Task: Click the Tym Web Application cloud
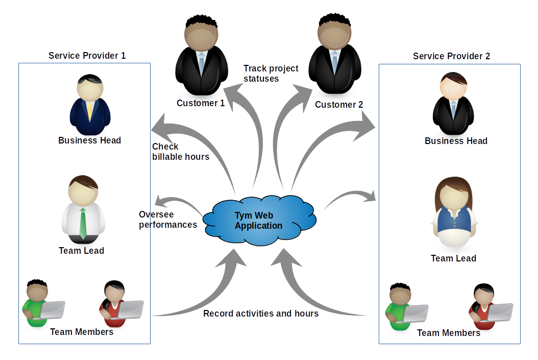259,221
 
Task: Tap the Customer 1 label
201,103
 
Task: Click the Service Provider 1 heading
87,56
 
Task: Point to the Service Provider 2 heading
451,56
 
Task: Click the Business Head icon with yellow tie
90,105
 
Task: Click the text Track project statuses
271,74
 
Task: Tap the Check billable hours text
180,152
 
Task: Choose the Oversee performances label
167,220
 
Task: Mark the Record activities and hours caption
260,314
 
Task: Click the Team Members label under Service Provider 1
82,332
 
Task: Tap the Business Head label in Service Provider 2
456,141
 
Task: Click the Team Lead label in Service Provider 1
81,251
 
